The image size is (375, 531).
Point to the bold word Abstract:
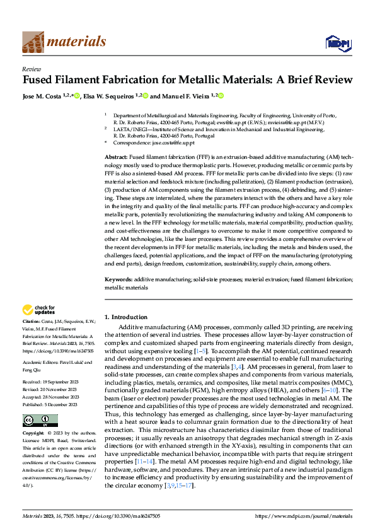[x=117, y=155]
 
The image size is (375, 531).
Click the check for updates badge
[x=37, y=310]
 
